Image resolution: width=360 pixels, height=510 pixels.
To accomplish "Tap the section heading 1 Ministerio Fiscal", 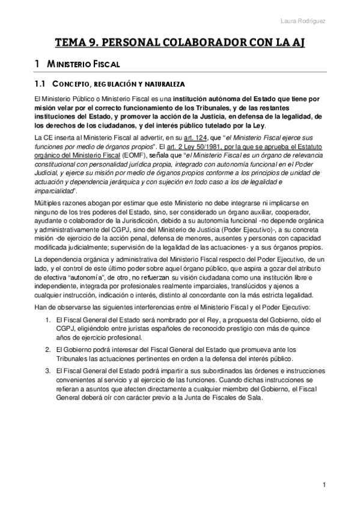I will point(79,63).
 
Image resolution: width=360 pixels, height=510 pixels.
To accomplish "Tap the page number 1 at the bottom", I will point(323,485).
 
